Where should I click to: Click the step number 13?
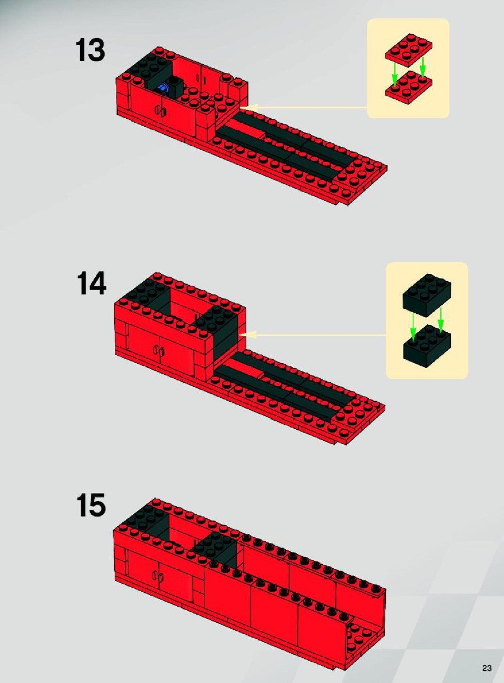[90, 50]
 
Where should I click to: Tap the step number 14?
[91, 283]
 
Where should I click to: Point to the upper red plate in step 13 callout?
[409, 50]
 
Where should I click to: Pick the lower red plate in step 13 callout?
[409, 87]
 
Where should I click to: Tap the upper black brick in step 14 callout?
[427, 296]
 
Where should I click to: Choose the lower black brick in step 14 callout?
[427, 346]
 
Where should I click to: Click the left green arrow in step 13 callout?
[394, 76]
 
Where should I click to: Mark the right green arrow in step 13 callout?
[423, 67]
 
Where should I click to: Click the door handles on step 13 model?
[161, 110]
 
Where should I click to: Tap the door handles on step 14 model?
[158, 350]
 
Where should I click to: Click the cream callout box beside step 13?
[408, 68]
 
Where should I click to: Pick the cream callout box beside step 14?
[427, 320]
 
